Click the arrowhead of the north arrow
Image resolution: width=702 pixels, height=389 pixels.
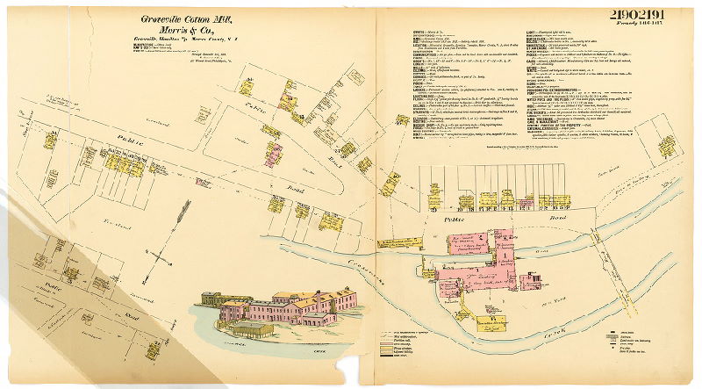tap(184, 205)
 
